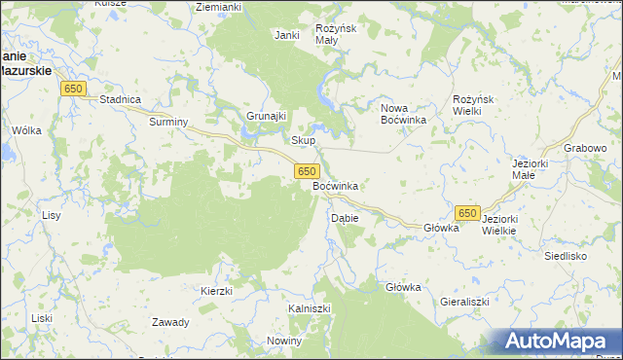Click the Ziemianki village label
coord(218,7)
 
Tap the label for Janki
coord(286,35)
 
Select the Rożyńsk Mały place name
coord(339,35)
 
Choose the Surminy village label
coord(167,123)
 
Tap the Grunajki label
coord(265,116)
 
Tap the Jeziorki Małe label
coord(531,169)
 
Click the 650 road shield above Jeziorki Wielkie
coord(467,212)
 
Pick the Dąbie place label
coord(346,218)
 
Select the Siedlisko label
coord(565,256)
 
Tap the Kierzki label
coord(216,291)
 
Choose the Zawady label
coord(170,322)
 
